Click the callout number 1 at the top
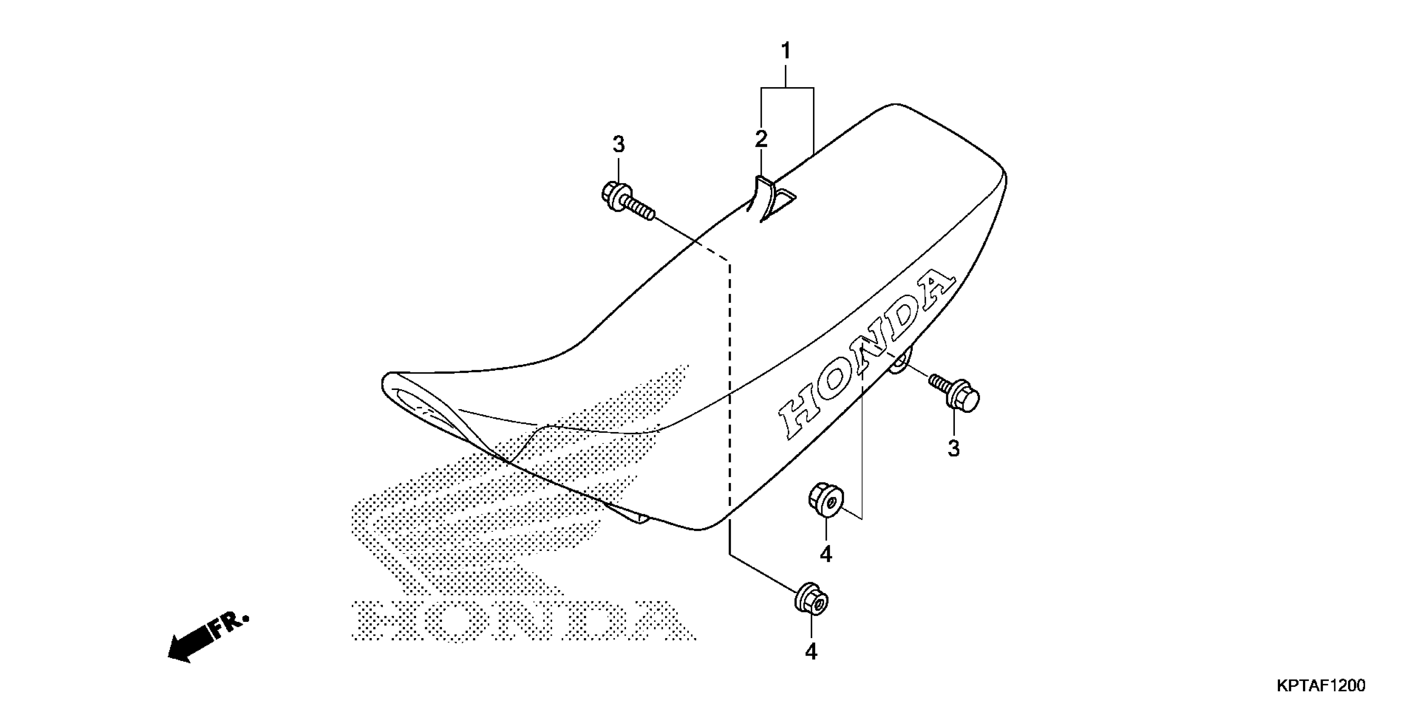tap(786, 51)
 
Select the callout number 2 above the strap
tap(761, 139)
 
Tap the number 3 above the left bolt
tap(619, 145)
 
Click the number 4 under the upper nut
tap(826, 554)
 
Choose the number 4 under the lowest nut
tap(811, 652)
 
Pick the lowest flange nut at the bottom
tap(811, 603)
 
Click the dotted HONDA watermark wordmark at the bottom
tap(523, 621)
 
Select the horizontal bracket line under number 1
tap(787, 87)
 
